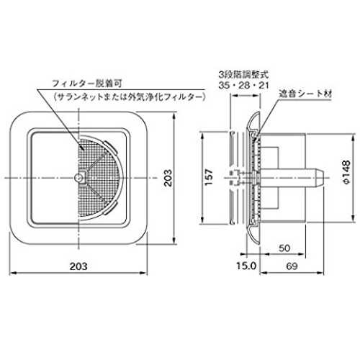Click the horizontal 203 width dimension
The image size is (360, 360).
click(x=78, y=266)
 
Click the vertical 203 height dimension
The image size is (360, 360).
click(x=168, y=178)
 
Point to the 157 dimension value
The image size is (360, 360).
click(x=209, y=177)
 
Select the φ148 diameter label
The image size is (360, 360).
click(x=346, y=172)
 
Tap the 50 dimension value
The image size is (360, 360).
click(x=284, y=248)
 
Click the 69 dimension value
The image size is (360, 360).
click(x=292, y=266)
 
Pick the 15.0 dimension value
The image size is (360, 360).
click(x=246, y=266)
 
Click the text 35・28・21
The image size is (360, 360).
click(x=243, y=86)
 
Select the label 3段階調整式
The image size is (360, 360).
click(x=243, y=75)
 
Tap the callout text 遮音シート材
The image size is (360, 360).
click(x=305, y=94)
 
